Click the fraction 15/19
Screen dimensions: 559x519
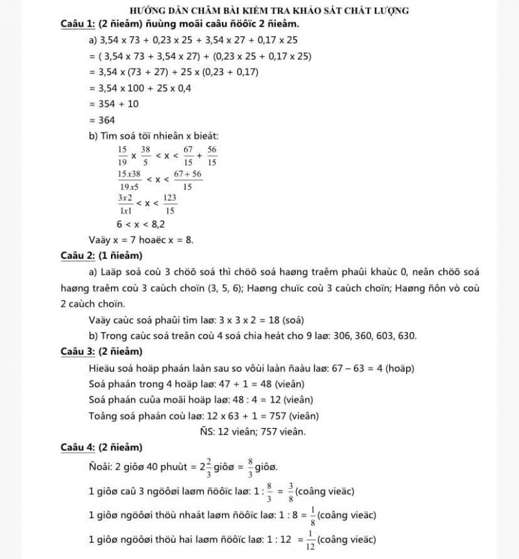point(122,156)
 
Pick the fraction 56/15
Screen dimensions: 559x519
point(212,156)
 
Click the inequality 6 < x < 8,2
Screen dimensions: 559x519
point(140,224)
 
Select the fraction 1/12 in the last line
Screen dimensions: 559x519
point(311,539)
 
